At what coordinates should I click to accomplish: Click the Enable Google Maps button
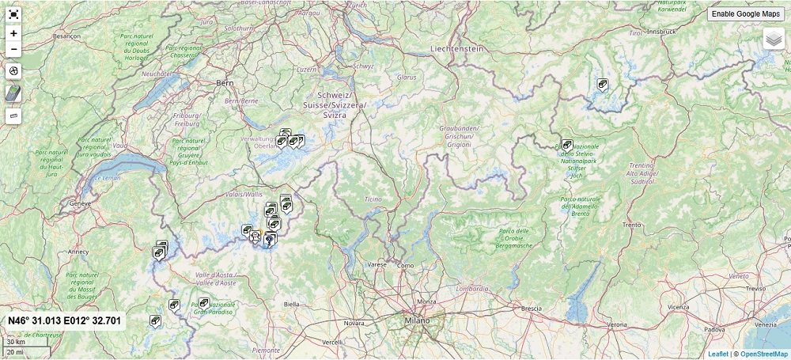[x=745, y=14]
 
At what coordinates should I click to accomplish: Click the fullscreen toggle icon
[x=13, y=14]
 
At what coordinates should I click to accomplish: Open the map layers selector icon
[x=773, y=39]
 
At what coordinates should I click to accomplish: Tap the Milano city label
[x=417, y=320]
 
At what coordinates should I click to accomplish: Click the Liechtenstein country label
[x=456, y=48]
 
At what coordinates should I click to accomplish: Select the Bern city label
[x=225, y=82]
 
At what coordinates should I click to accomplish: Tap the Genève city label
[x=81, y=203]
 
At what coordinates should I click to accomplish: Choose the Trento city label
[x=631, y=225]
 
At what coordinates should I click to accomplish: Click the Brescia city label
[x=531, y=308]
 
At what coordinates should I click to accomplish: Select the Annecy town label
[x=78, y=252]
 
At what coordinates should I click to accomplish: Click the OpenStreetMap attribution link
[x=764, y=354]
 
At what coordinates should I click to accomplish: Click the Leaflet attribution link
[x=718, y=354]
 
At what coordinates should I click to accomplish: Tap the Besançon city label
[x=66, y=36]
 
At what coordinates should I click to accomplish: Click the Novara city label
[x=354, y=323]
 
